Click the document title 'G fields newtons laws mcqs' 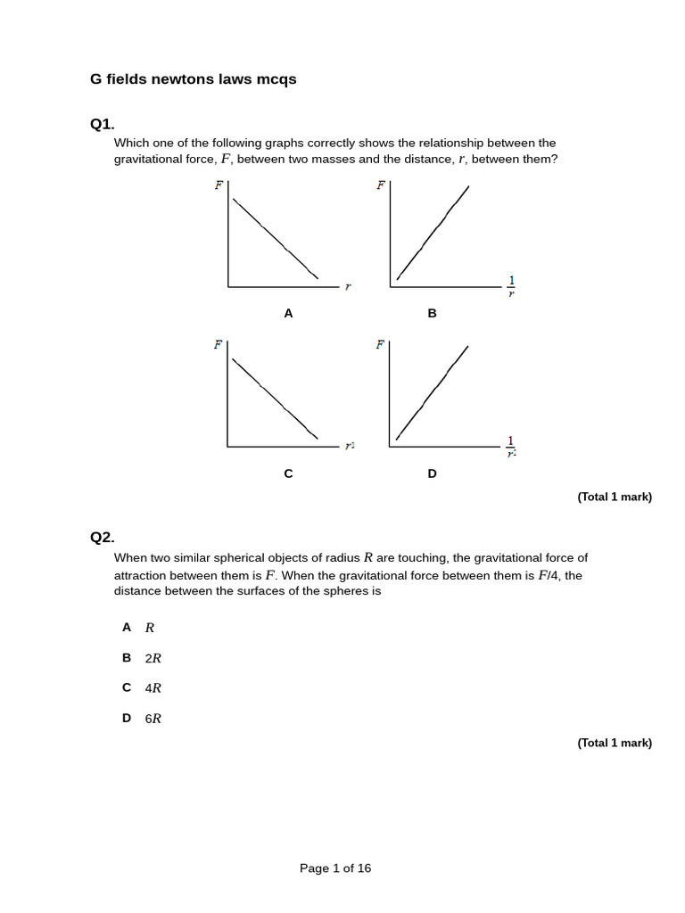tap(193, 79)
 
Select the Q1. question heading tap(103, 124)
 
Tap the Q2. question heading tap(103, 537)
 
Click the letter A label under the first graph tap(288, 313)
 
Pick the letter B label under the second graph tap(432, 313)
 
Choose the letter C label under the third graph tap(288, 473)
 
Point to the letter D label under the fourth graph tap(432, 473)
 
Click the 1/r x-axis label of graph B tap(511, 286)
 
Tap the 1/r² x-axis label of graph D tap(511, 447)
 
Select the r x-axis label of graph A tap(348, 286)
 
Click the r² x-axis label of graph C tap(350, 446)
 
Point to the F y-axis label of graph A tap(219, 185)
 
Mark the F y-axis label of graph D tap(380, 345)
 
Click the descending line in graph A tap(275, 238)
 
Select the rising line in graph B tap(433, 233)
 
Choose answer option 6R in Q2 tap(153, 718)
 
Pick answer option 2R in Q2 tap(153, 658)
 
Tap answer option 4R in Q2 tap(153, 687)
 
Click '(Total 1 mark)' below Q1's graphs tap(615, 497)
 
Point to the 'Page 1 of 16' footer tap(335, 868)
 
